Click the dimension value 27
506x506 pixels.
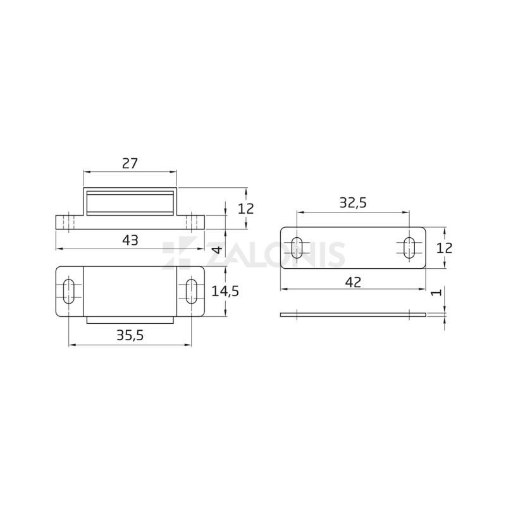tap(130, 163)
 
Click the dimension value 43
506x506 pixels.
tap(130, 240)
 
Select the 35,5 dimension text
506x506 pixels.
tap(130, 336)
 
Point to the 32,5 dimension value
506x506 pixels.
tap(353, 203)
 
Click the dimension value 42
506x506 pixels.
tap(353, 283)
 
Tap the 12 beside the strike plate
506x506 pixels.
tap(445, 248)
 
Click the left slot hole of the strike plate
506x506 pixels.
tap(296, 248)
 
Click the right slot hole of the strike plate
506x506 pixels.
tap(409, 248)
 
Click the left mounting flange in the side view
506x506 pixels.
tap(68, 223)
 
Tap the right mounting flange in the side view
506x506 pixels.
tap(191, 223)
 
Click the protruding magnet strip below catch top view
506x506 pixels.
tap(130, 320)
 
